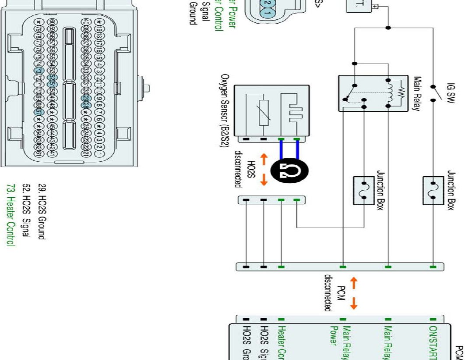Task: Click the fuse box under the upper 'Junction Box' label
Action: (x=433, y=189)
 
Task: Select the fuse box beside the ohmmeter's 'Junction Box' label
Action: (x=364, y=190)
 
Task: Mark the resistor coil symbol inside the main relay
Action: (x=397, y=93)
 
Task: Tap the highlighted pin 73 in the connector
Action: (x=38, y=71)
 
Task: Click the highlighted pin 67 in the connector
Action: (x=38, y=111)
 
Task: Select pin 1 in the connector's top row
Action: (x=99, y=154)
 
